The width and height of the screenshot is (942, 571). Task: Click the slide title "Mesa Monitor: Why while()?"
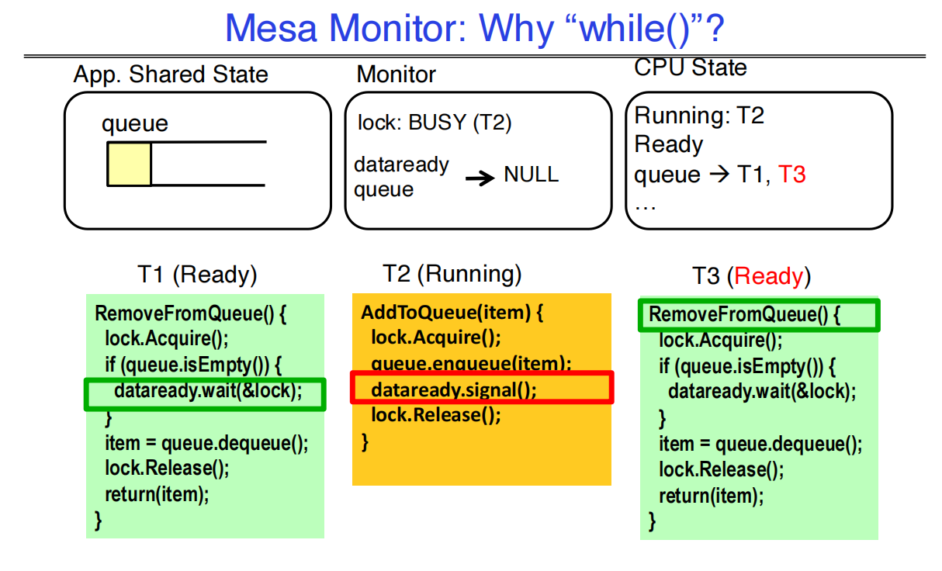click(x=474, y=29)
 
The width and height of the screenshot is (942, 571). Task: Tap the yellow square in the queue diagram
click(x=129, y=164)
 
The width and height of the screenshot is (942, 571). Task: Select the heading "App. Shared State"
click(x=171, y=74)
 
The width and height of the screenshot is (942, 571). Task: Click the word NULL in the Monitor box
click(x=531, y=175)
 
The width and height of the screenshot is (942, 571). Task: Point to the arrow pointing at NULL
click(x=480, y=178)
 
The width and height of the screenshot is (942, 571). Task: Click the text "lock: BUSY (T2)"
click(x=435, y=123)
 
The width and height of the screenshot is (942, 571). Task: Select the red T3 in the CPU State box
click(x=791, y=175)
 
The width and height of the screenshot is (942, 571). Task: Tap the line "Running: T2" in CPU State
click(x=699, y=116)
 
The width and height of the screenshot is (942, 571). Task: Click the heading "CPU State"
click(x=690, y=67)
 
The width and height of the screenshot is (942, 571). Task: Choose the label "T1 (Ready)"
click(x=197, y=275)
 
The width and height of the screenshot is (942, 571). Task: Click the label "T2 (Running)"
click(x=452, y=273)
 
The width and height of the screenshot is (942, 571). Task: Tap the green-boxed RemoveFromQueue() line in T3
click(x=745, y=315)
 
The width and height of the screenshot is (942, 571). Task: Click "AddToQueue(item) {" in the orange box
click(x=452, y=313)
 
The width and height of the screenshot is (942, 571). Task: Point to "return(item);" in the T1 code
click(x=157, y=493)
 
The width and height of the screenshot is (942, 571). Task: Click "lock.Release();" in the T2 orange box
click(x=436, y=415)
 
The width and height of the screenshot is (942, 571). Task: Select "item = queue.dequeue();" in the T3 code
click(x=760, y=444)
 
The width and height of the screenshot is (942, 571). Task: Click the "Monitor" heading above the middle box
click(x=396, y=74)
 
